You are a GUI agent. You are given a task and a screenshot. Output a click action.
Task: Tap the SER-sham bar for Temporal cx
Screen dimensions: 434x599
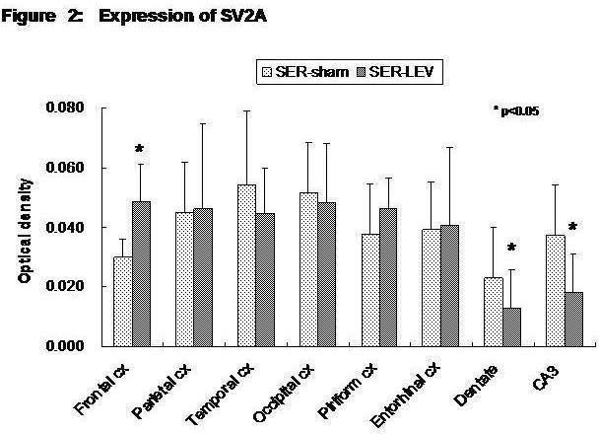click(246, 265)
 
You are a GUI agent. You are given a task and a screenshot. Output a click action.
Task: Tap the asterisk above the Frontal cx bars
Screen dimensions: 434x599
click(140, 150)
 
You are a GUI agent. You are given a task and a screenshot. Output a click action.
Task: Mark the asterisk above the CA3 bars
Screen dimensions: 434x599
click(572, 227)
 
